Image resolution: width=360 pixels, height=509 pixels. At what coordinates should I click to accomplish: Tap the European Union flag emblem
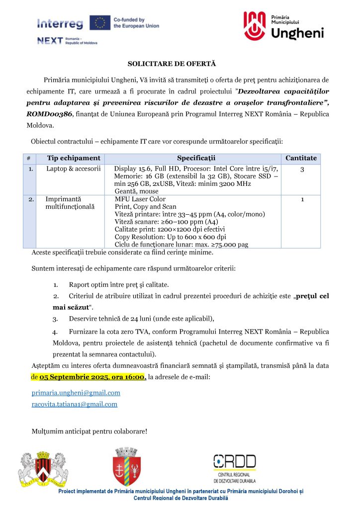pos(100,22)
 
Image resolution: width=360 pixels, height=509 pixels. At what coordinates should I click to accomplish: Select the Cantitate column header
pos(301,158)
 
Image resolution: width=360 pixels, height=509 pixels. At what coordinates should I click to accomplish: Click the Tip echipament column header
pos(74,158)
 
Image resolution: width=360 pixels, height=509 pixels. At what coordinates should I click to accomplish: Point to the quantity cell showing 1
pos(302,200)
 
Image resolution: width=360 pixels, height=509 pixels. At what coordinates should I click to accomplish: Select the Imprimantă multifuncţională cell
pos(70,203)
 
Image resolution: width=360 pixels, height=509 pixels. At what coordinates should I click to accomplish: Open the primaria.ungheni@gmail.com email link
pos(76,393)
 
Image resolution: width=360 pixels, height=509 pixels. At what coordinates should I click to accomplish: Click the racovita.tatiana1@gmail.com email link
pos(74,404)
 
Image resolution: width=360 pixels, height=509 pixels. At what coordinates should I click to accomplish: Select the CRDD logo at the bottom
pos(235,467)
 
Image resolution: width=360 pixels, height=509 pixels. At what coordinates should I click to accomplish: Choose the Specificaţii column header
pos(196,158)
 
